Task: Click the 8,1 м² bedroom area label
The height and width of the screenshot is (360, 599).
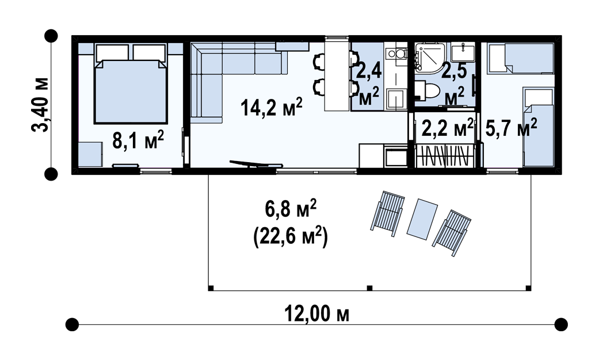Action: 138,140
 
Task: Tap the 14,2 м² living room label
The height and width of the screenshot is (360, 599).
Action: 271,107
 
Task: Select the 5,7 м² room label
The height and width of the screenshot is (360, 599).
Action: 511,128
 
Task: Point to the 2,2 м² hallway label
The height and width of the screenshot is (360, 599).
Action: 447,128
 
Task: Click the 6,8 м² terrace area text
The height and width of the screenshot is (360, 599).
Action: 291,209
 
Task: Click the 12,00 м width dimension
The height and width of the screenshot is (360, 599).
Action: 316,315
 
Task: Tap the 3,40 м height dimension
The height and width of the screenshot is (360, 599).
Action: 40,105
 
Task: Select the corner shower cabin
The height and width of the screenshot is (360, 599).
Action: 430,57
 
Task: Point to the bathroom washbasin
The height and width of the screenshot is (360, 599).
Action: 463,52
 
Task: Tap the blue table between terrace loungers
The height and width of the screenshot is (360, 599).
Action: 422,219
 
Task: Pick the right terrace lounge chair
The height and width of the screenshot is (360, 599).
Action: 452,233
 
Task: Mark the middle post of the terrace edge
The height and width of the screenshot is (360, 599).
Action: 369,288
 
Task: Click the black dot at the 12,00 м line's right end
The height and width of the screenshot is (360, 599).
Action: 561,324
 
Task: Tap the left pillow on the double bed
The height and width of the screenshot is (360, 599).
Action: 112,52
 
